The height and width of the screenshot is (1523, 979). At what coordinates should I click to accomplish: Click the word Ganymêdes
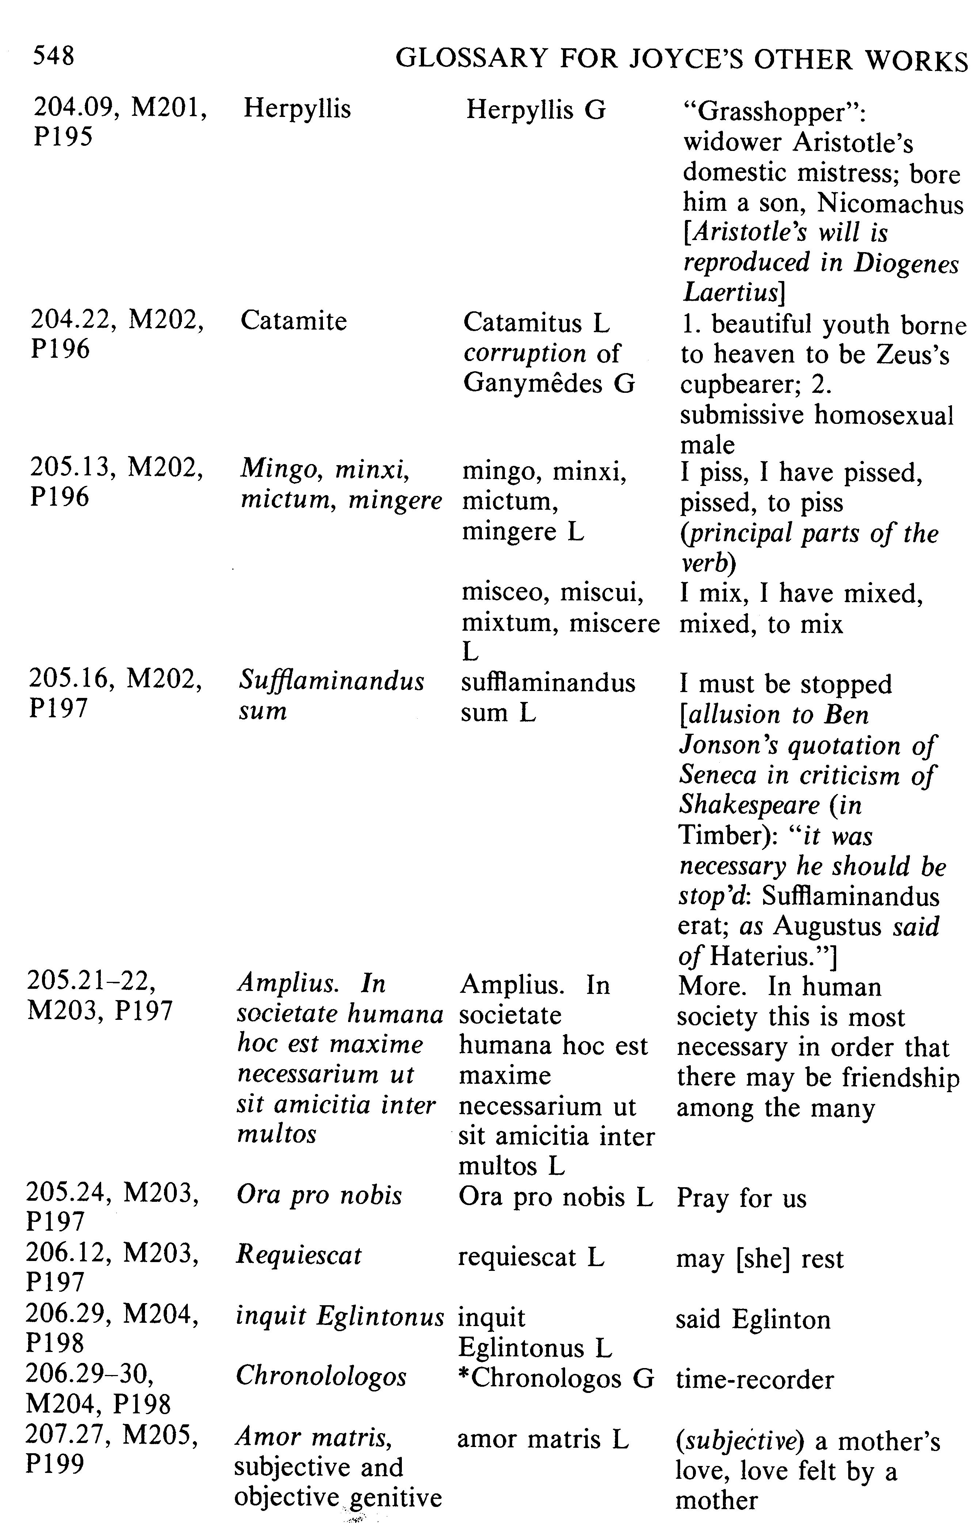[532, 383]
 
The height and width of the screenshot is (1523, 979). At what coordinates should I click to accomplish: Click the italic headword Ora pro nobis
[319, 1196]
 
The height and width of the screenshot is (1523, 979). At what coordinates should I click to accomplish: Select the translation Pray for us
[741, 1198]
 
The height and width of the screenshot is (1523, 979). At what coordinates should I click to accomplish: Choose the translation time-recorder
[755, 1379]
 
